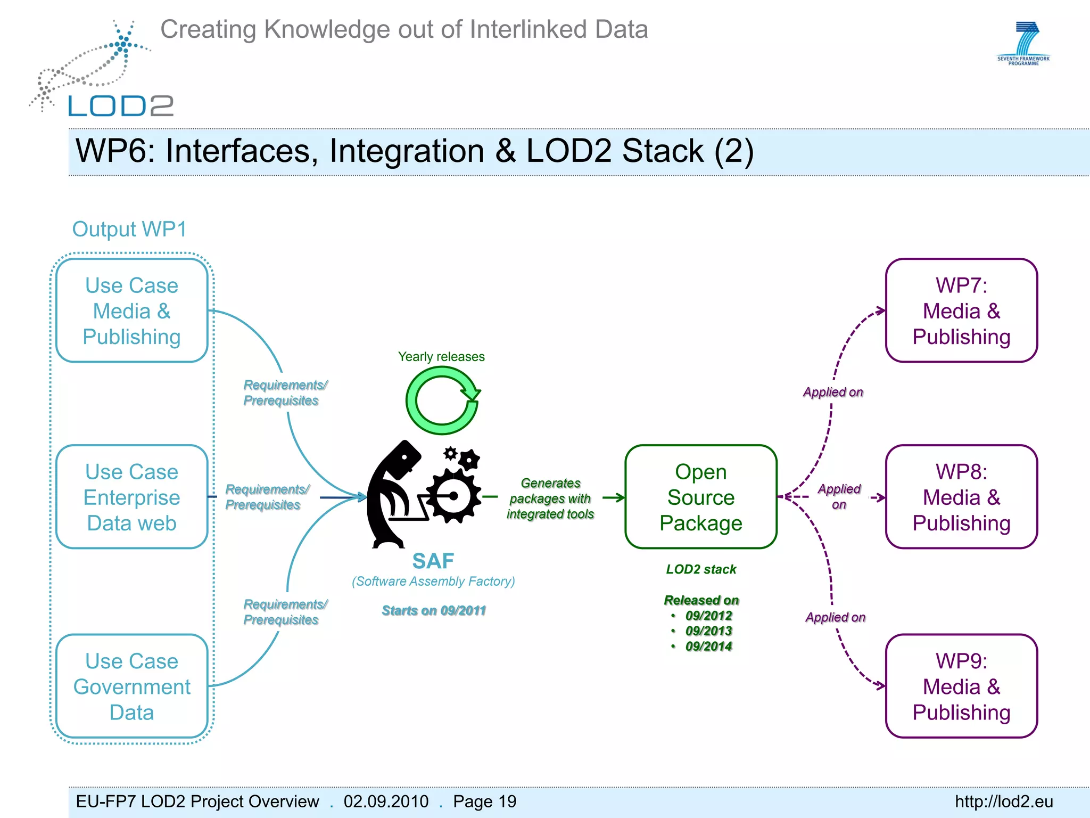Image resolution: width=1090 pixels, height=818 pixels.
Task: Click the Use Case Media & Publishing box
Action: click(x=131, y=311)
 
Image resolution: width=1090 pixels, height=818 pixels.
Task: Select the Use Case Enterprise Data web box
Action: click(x=131, y=497)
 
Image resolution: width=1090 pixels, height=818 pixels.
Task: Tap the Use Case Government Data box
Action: click(x=131, y=686)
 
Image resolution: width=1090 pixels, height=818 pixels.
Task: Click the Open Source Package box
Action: click(x=700, y=497)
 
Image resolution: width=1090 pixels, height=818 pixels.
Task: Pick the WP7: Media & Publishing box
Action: click(x=961, y=311)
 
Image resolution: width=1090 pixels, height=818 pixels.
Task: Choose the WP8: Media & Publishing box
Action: click(x=961, y=497)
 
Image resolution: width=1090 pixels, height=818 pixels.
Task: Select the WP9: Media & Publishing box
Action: click(x=961, y=686)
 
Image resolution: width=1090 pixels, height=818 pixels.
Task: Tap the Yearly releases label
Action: click(x=441, y=357)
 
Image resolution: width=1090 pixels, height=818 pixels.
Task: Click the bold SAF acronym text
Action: click(x=433, y=561)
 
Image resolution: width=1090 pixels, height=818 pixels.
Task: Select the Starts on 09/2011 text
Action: click(x=434, y=611)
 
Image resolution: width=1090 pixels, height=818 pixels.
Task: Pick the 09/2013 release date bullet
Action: click(x=708, y=631)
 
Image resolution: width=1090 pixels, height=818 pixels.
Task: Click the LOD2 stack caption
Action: click(x=701, y=569)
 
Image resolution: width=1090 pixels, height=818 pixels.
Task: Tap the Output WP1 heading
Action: click(x=129, y=230)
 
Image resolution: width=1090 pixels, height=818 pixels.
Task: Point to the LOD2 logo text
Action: click(x=121, y=106)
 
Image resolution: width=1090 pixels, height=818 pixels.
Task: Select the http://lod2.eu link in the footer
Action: click(x=1004, y=801)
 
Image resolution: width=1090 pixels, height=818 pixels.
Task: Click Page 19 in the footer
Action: click(x=484, y=801)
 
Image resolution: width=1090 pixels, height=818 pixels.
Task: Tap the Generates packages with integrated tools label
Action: click(x=550, y=498)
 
